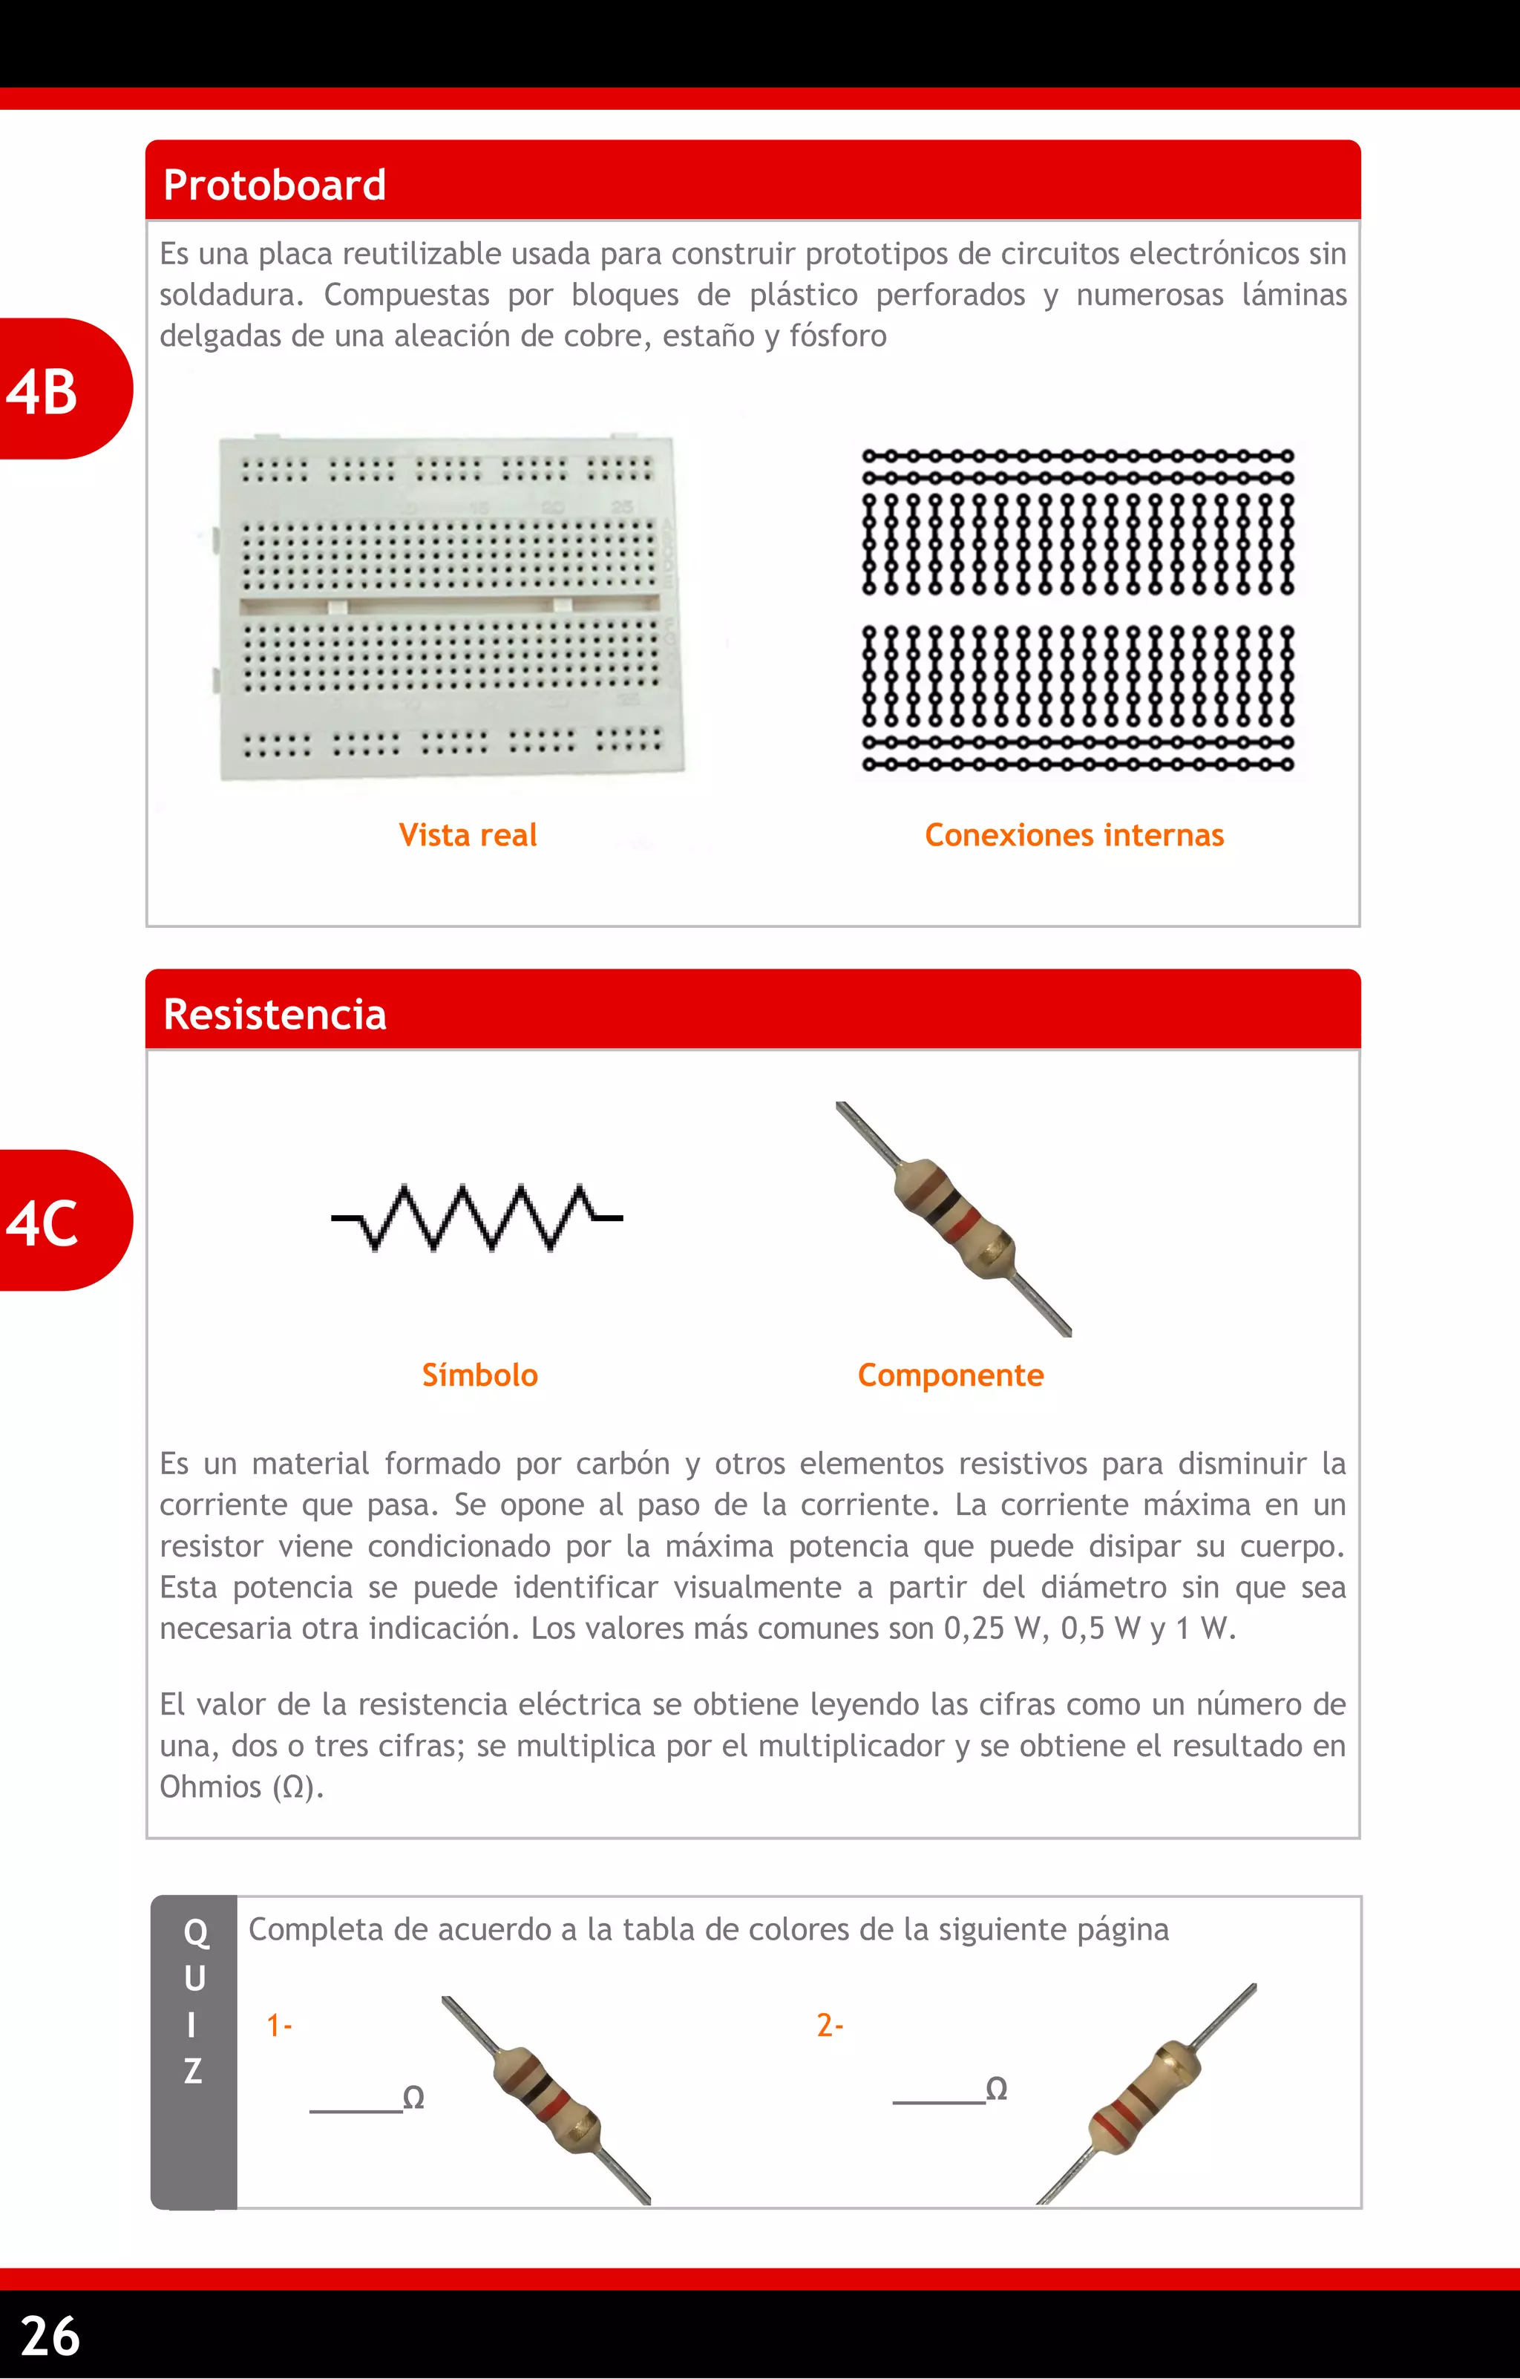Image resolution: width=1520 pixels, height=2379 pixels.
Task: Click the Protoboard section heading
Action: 275,186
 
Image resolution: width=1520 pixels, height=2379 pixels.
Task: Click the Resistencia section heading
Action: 275,1015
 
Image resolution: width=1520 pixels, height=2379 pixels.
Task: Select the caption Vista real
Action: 467,836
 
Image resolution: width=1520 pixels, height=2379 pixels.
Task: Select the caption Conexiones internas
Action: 1074,836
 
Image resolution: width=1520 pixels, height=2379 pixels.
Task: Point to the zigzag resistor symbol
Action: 477,1218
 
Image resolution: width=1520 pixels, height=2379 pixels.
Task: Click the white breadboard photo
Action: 449,608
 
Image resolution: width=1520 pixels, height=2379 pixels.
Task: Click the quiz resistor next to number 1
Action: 546,2099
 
